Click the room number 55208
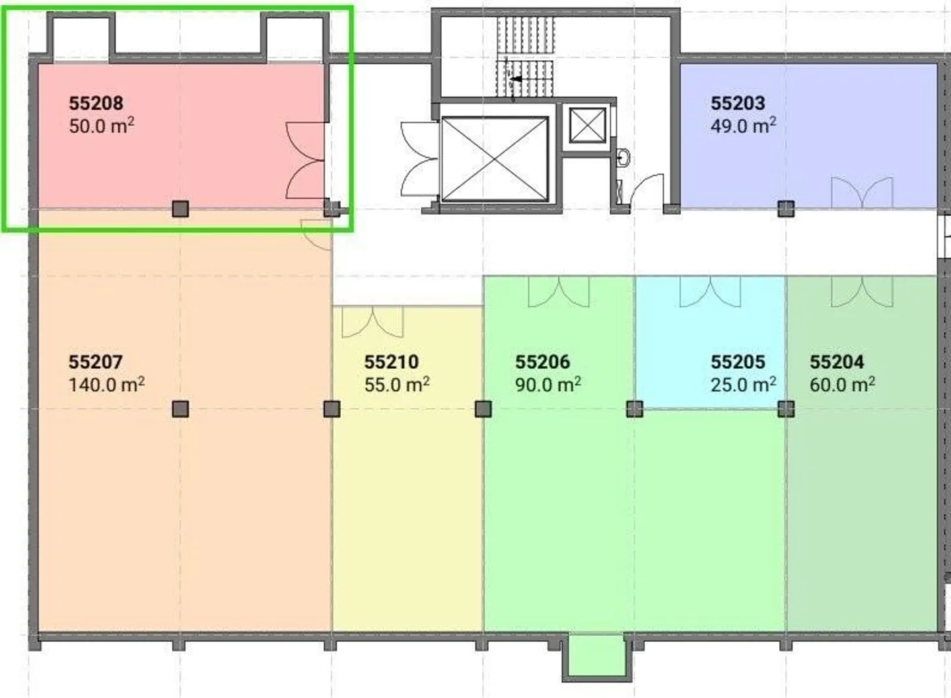[96, 103]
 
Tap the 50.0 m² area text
[102, 126]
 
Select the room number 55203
[738, 103]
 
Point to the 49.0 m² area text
[744, 126]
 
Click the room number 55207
[96, 362]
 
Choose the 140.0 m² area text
[106, 385]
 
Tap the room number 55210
[392, 362]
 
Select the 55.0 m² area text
[397, 385]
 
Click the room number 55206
[543, 362]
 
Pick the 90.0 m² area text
[548, 385]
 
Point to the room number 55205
[738, 362]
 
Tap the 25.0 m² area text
[744, 385]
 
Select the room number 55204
[836, 362]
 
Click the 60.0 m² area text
[842, 385]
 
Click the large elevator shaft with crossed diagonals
[495, 159]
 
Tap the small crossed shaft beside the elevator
[588, 125]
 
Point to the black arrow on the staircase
[515, 79]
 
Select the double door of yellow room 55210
[372, 322]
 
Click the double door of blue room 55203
[862, 192]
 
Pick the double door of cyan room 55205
[711, 291]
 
